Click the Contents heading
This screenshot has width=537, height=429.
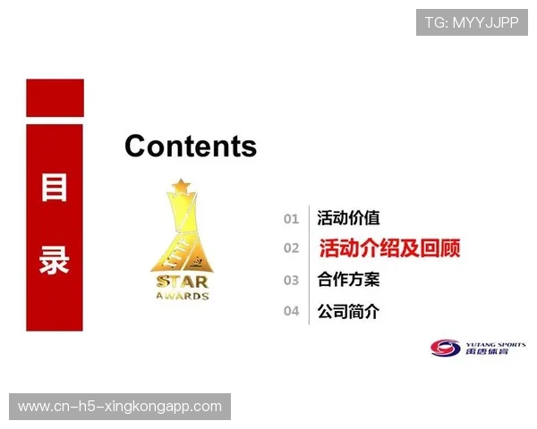coord(191,146)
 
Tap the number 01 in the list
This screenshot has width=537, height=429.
coord(291,219)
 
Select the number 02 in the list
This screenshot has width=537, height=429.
coord(291,248)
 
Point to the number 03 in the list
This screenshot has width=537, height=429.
coord(291,281)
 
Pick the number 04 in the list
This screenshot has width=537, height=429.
coord(291,312)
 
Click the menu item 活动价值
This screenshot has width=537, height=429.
coord(348,218)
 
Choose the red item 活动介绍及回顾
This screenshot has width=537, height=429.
coord(389,248)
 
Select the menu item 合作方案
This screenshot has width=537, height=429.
coord(348,280)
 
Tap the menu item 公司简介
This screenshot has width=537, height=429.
coord(348,312)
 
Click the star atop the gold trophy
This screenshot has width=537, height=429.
coord(182,186)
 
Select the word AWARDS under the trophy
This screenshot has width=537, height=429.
coord(182,296)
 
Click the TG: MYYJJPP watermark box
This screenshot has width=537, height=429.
coord(472,22)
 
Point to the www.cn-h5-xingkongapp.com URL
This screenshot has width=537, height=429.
coord(120,407)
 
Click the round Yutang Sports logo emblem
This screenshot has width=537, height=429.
coord(445,349)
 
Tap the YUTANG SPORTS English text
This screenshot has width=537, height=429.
coord(496,344)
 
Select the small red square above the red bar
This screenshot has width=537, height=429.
coord(55,97)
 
